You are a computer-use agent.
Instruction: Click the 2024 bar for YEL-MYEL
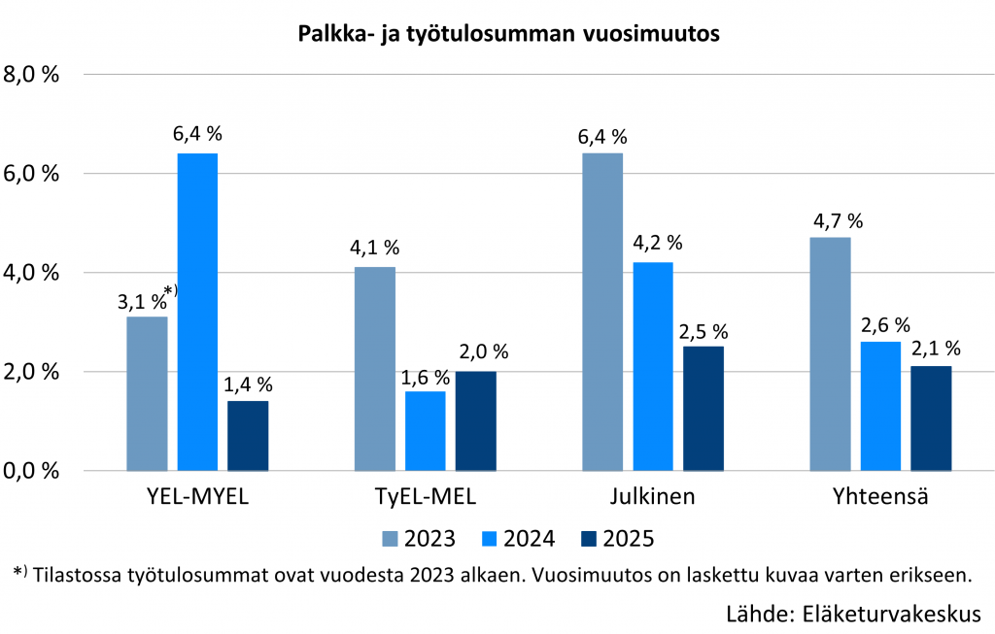[x=197, y=312]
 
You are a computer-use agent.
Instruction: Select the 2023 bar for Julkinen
[x=602, y=312]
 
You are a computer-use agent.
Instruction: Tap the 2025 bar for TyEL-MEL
[x=475, y=421]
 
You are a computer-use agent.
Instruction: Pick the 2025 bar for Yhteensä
[x=931, y=418]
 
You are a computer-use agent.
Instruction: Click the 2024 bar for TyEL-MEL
[x=426, y=431]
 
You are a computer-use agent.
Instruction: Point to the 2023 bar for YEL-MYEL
[x=148, y=393]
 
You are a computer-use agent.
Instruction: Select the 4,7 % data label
[x=838, y=220]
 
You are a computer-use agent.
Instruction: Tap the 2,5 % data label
[x=703, y=330]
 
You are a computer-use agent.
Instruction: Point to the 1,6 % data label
[x=427, y=376]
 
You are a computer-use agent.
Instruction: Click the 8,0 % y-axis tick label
[x=33, y=75]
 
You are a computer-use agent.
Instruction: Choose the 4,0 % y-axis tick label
[x=33, y=273]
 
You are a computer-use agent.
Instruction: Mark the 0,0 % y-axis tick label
[x=33, y=471]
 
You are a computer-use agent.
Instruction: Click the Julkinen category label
[x=652, y=497]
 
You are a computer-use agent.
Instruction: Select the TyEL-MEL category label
[x=426, y=497]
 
